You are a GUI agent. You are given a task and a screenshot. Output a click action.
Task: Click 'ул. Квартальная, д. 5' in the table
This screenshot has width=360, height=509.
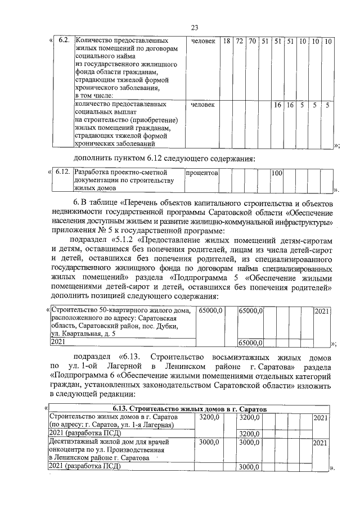point(85,334)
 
